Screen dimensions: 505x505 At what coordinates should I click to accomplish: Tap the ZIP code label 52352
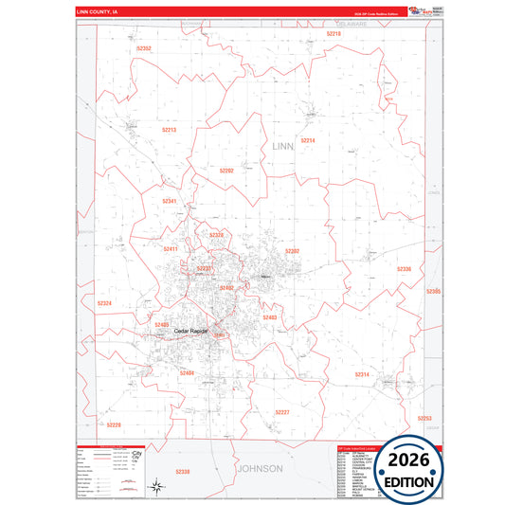point(144,47)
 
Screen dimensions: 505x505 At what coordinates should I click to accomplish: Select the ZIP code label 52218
point(333,33)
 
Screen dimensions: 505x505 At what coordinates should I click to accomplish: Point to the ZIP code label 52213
point(169,130)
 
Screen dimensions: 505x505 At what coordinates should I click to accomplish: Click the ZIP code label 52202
point(226,171)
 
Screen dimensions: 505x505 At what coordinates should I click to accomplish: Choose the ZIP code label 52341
point(169,201)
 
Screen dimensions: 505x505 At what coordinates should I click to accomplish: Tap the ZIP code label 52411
point(171,249)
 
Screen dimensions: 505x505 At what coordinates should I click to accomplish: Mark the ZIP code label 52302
point(293,251)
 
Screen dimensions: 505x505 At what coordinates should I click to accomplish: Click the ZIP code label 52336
point(404,270)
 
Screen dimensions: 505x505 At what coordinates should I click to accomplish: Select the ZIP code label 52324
point(104,303)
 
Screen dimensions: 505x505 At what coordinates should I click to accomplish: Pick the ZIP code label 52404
point(187,373)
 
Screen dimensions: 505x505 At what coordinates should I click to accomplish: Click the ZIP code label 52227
point(282,412)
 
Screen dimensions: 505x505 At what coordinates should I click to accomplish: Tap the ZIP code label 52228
point(114,424)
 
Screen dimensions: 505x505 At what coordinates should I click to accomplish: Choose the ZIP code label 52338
point(183,471)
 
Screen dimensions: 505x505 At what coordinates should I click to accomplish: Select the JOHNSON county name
point(259,468)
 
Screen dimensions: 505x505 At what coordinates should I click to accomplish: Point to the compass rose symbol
point(154,487)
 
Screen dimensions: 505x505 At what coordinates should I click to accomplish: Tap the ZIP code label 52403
point(269,318)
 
